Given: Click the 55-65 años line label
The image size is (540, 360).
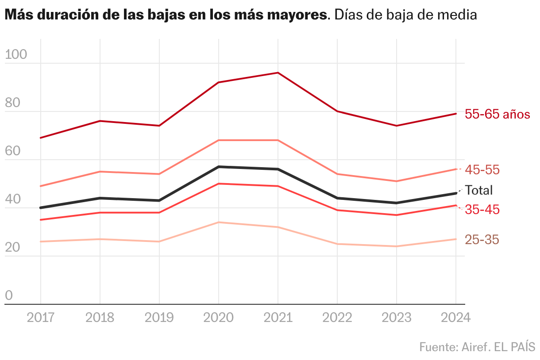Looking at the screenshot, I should (x=498, y=114).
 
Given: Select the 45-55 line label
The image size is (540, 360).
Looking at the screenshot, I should (x=482, y=170).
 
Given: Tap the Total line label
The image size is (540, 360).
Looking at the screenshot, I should (x=478, y=190).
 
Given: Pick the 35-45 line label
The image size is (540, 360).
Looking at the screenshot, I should (x=482, y=210).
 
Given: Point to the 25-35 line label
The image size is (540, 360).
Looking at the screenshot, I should (x=482, y=240).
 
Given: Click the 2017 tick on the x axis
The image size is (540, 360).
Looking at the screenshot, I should (x=41, y=318).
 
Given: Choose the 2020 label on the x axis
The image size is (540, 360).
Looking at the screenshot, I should (x=219, y=318).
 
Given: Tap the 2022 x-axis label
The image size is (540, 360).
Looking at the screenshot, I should (x=337, y=318).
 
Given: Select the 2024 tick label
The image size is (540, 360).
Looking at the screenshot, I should (x=456, y=318).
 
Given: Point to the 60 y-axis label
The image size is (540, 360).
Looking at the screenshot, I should (x=12, y=151).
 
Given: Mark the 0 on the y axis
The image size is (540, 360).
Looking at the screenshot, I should (x=9, y=295).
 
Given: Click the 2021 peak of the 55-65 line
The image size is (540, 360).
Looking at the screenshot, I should (x=278, y=73).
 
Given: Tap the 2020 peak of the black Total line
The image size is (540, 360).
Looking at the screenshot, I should (x=219, y=167).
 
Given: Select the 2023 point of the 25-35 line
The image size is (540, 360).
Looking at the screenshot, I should (x=397, y=246).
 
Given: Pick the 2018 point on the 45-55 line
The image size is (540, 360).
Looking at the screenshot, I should (x=100, y=172).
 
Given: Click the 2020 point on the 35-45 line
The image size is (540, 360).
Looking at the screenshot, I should (x=219, y=184).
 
